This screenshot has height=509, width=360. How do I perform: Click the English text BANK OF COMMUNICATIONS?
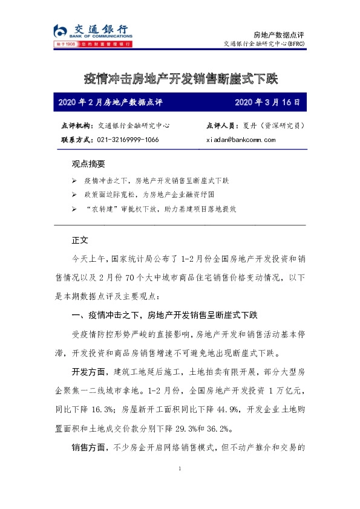[x=100, y=36]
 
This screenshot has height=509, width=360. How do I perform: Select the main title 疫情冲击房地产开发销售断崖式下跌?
[x=180, y=79]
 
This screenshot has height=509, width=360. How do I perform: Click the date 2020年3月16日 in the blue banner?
[x=267, y=102]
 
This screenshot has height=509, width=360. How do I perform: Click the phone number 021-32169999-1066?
[x=128, y=140]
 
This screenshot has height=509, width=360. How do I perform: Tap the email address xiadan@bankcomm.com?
[x=241, y=140]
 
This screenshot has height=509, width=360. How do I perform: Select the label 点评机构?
[x=77, y=126]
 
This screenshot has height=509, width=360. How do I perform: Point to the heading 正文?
[x=80, y=240]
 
